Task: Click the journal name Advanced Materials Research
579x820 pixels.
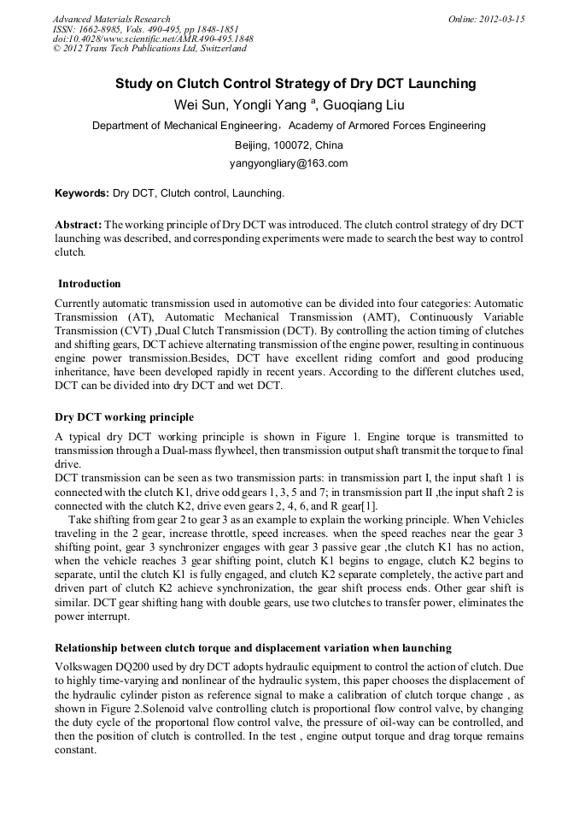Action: point(111,19)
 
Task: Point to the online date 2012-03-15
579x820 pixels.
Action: point(502,19)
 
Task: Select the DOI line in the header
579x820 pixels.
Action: point(153,38)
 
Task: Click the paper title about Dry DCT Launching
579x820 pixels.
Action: point(295,84)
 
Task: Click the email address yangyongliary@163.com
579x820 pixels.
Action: point(289,163)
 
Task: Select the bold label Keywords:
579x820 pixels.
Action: point(82,194)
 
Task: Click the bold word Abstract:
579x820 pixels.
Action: point(79,224)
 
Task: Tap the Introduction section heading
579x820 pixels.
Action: point(89,284)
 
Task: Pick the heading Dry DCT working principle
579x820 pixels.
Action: point(124,417)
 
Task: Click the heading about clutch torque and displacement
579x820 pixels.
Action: point(253,647)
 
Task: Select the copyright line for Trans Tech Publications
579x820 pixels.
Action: point(149,49)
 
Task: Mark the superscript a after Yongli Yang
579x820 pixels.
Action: point(313,101)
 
